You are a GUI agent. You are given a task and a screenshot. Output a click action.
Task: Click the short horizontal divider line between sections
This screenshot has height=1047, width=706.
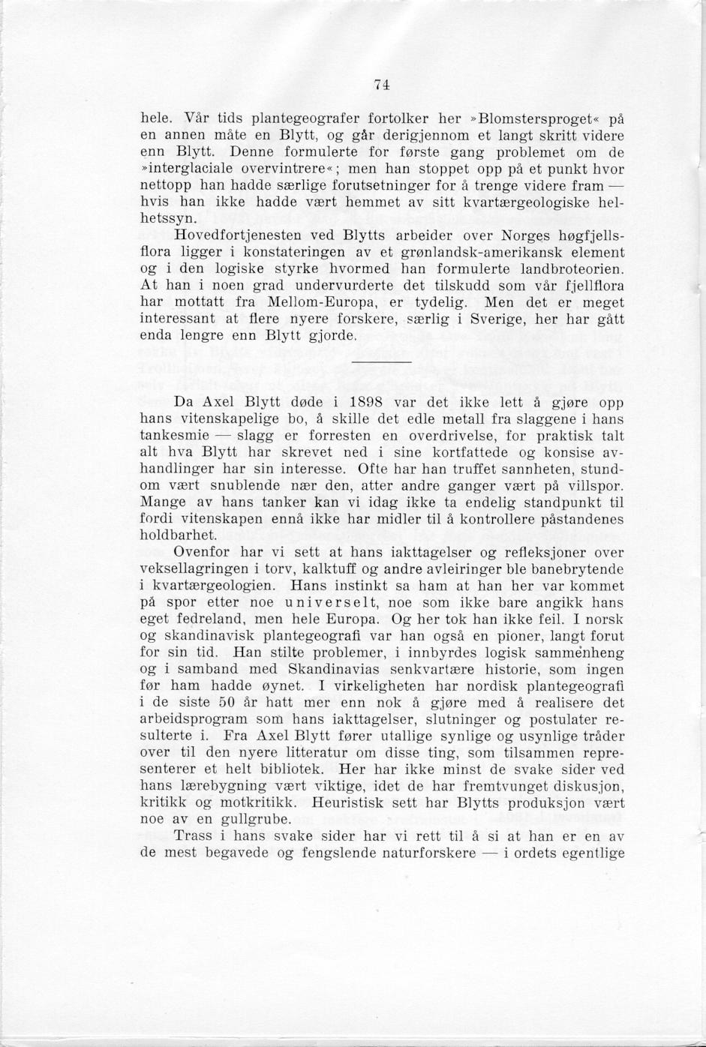pyautogui.click(x=381, y=362)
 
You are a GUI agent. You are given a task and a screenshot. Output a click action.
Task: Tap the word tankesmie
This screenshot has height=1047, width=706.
pyautogui.click(x=174, y=436)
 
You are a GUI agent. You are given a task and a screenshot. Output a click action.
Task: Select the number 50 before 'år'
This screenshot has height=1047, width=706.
pyautogui.click(x=228, y=703)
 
